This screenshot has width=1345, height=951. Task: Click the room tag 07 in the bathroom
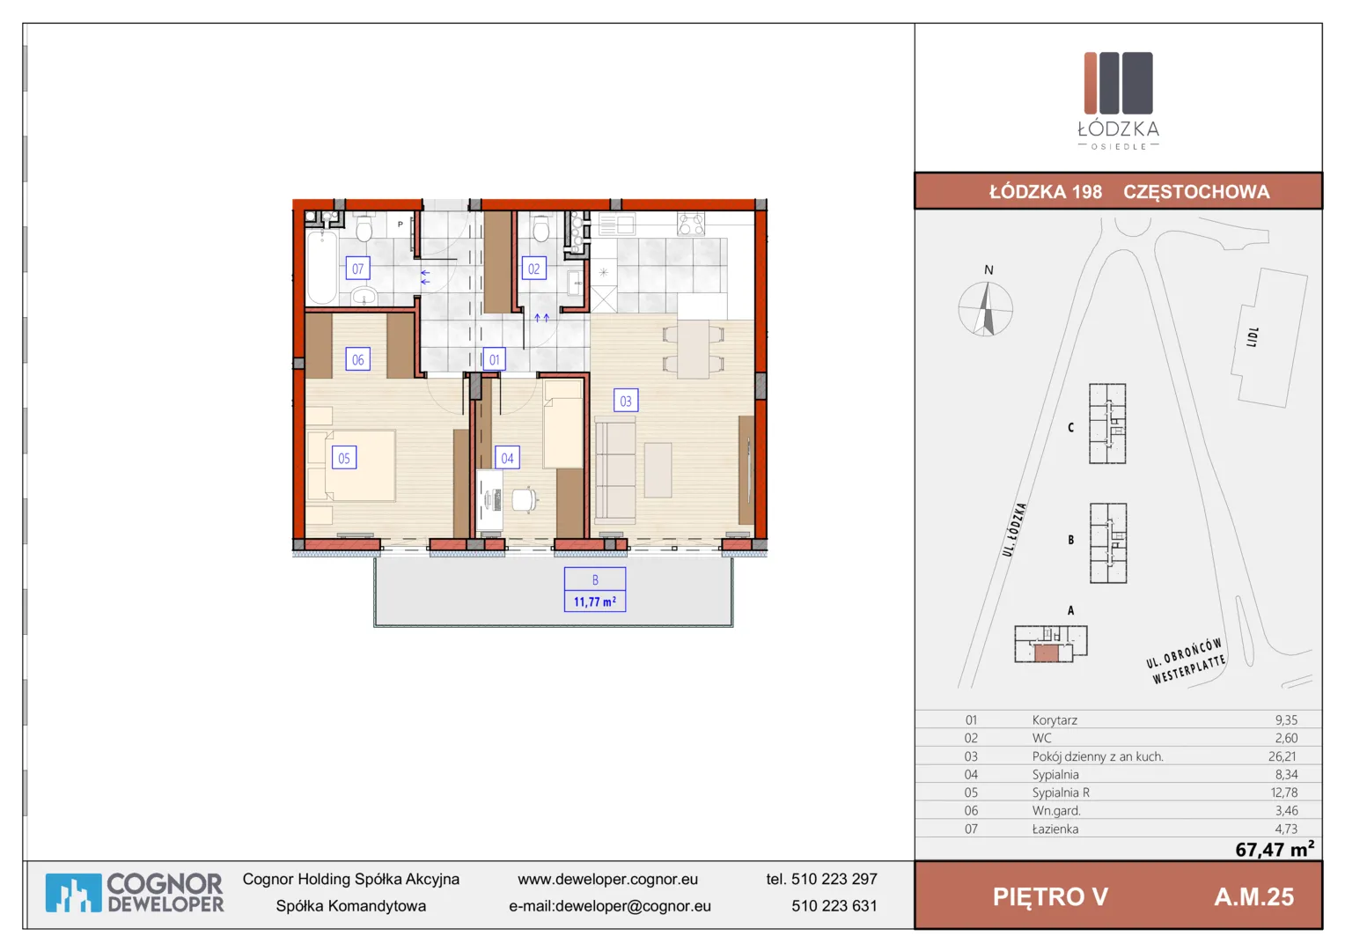(357, 268)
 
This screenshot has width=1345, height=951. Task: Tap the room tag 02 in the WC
(533, 268)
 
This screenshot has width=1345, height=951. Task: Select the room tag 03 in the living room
(626, 400)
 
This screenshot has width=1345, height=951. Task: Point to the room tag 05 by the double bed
(344, 458)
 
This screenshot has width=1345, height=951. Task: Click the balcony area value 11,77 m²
(594, 601)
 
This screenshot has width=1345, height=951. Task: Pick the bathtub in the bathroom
(322, 268)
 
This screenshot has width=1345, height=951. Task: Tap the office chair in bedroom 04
(525, 500)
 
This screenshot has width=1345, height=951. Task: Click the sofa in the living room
(615, 470)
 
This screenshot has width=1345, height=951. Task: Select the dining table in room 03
(693, 349)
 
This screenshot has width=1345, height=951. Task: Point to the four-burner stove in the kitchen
(690, 224)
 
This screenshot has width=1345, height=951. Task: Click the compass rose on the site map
(985, 309)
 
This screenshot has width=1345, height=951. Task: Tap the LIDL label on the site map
(1253, 337)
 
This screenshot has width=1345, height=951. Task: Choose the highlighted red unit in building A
(1046, 653)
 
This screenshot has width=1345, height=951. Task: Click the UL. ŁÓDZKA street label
(1014, 529)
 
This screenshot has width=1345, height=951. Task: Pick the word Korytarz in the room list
(1055, 719)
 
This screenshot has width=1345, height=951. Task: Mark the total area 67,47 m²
(1275, 848)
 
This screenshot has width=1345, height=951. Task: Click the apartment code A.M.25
(1253, 896)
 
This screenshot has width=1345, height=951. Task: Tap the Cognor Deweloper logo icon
(73, 893)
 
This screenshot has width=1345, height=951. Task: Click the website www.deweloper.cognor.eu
(607, 879)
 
